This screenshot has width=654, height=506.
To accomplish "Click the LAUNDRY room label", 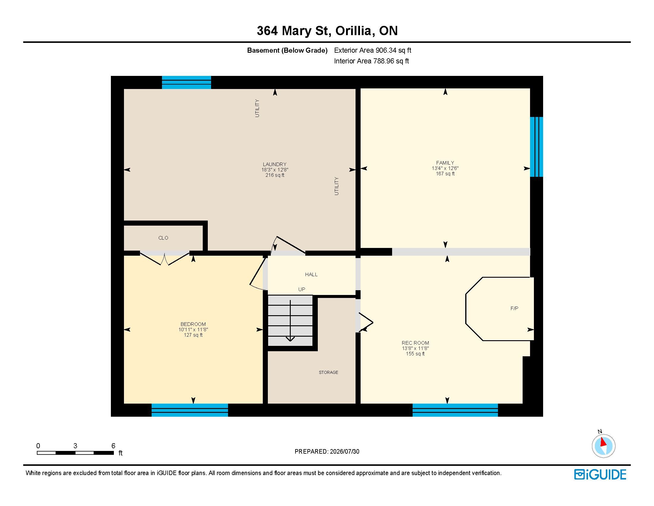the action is pos(275,164).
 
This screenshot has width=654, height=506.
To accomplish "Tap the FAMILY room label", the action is pos(445,163).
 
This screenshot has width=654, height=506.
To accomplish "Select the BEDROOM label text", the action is pos(193,324).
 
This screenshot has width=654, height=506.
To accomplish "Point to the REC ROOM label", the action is pos(415,343).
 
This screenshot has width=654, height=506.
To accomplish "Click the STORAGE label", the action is pos(328,372).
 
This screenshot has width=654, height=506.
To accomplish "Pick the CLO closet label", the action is pos(163,238).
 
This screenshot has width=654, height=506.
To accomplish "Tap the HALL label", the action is pos(312,274).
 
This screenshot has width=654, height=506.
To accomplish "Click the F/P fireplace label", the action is pos(515,308).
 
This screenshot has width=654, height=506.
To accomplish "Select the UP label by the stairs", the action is pos(301,289).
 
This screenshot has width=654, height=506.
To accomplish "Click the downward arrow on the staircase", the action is pos(290,321).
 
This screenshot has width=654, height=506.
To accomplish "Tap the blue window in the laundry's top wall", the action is pos(187,82).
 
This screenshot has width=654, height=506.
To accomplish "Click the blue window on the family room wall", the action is pos(536,147).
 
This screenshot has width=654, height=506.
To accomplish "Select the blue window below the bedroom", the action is pos(190,410).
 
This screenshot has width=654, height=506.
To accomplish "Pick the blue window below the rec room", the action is pos(455,410).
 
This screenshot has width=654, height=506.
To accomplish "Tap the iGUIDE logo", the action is pos(600,474).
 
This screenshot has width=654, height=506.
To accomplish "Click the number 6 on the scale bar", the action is pos(113,446).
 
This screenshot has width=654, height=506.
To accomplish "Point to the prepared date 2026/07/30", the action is pos(344,452).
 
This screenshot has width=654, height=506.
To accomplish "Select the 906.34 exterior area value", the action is pos(388,50).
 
